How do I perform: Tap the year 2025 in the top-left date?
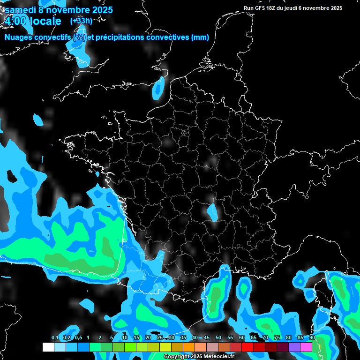click(99, 9)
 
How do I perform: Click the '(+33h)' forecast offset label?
click(81, 21)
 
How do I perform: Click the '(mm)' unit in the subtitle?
click(200, 37)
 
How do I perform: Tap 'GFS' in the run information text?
click(261, 8)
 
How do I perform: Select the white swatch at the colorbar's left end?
click(48, 347)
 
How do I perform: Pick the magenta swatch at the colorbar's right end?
click(306, 347)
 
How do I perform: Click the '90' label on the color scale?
click(312, 338)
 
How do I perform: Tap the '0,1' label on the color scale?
click(55, 338)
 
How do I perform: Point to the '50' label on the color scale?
click(218, 338)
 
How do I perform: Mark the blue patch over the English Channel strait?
click(159, 88)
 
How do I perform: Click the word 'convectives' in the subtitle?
click(167, 37)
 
